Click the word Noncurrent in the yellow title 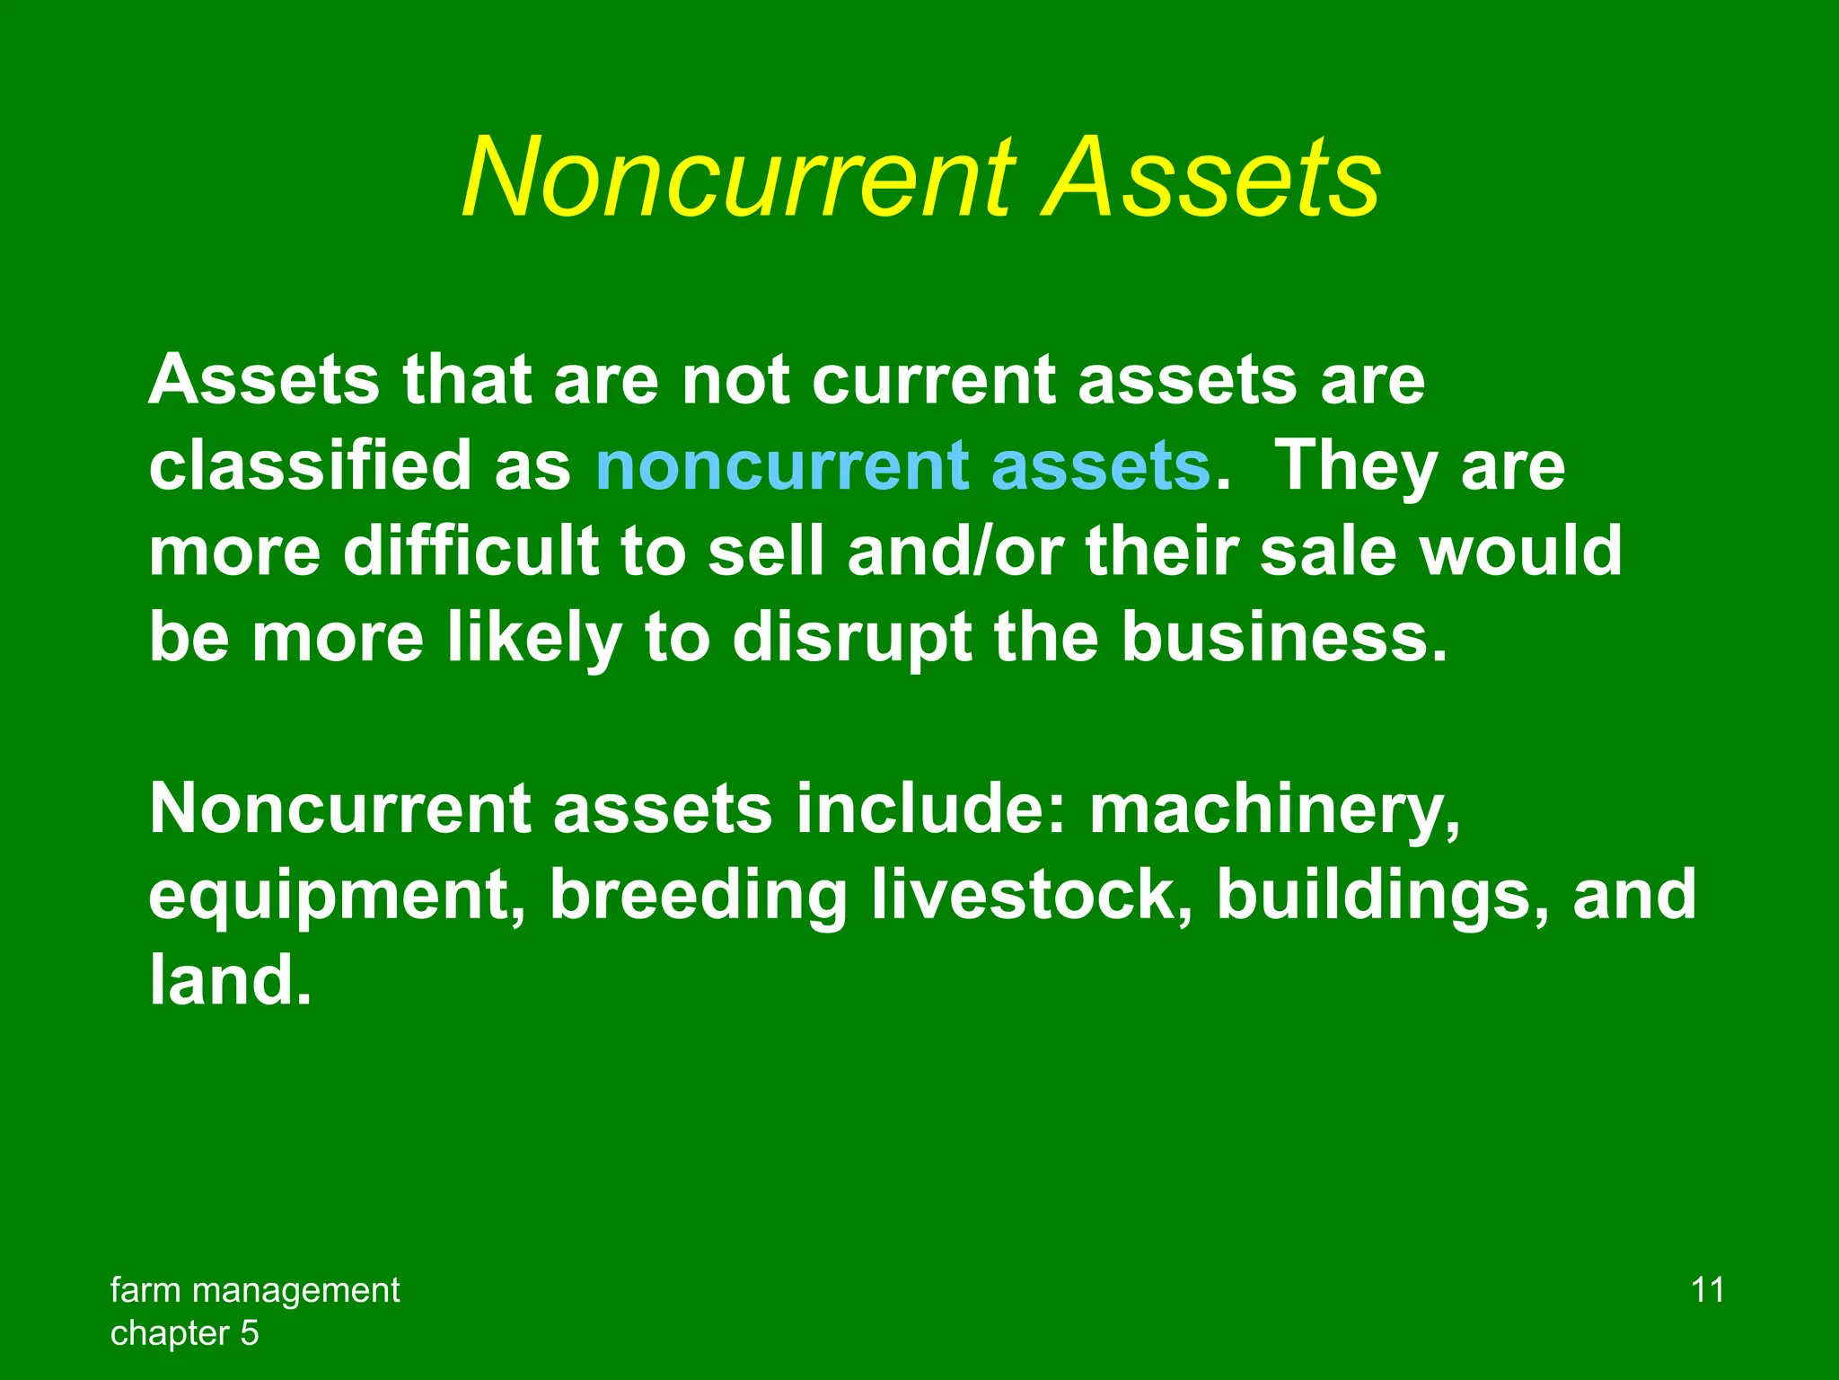[x=738, y=178]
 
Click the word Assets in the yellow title [x=1211, y=178]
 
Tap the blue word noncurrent [x=782, y=467]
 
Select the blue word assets [x=1101, y=467]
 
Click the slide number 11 [x=1707, y=1290]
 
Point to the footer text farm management [x=255, y=1290]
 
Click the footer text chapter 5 [x=184, y=1333]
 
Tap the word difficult [x=471, y=552]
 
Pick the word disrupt [x=851, y=638]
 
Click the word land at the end [x=221, y=981]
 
